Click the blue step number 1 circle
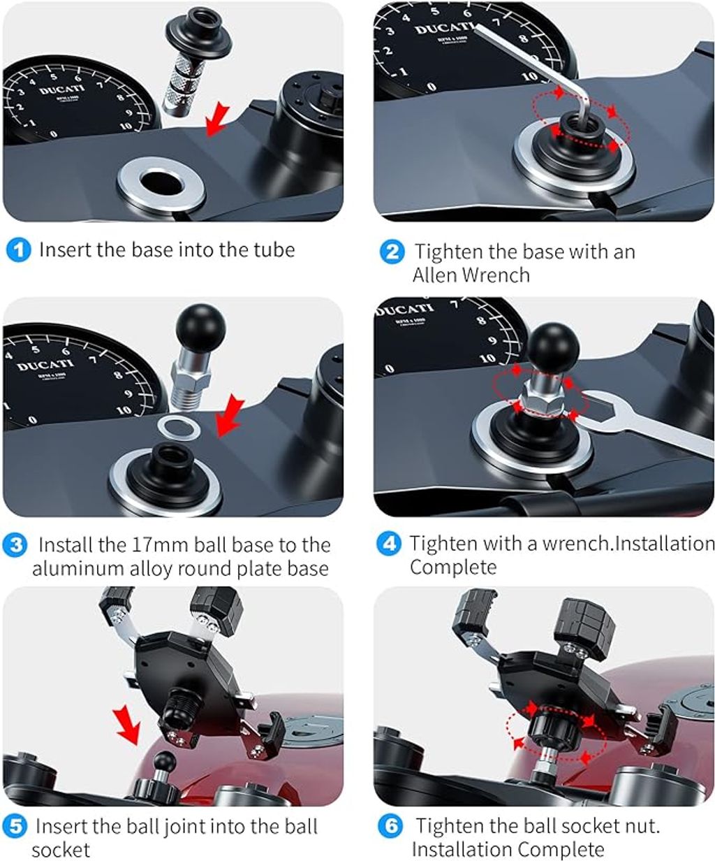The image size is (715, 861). point(19,250)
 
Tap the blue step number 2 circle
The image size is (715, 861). point(392,252)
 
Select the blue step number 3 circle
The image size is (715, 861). point(15,545)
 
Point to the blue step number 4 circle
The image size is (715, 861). point(389,544)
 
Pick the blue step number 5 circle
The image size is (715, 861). point(15,826)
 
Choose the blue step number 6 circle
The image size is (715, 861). point(390,826)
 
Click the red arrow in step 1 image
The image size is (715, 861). point(217,120)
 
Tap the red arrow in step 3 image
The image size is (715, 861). point(230,414)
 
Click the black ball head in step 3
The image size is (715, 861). point(200,328)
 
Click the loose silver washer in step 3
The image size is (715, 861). point(179,428)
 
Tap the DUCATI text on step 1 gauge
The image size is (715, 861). point(62,90)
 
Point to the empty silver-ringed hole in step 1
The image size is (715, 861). point(161,182)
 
